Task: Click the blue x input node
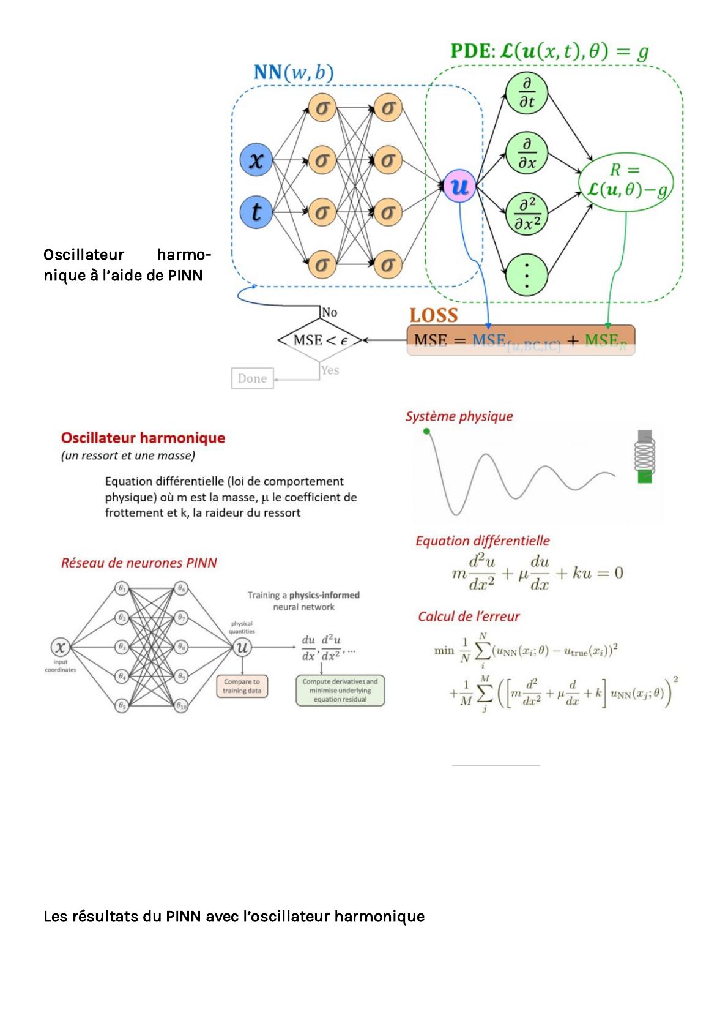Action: coord(257,160)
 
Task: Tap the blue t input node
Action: coord(257,212)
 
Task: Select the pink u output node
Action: coord(459,186)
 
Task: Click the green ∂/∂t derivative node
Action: coord(526,94)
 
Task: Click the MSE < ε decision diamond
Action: coord(320,340)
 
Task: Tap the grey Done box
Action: coord(252,378)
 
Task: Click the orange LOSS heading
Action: coord(434,315)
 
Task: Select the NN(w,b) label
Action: coord(293,73)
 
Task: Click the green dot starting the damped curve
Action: coord(426,432)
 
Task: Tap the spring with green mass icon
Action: coord(645,456)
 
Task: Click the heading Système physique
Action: coord(459,417)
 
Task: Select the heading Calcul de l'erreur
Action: coord(469,617)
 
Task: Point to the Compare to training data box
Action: coord(242,686)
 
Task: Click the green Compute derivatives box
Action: coord(340,691)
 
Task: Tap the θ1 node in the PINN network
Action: coord(122,588)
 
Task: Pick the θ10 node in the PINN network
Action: coord(182,706)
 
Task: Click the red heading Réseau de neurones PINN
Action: coord(139,563)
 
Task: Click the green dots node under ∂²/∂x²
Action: coord(526,274)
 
